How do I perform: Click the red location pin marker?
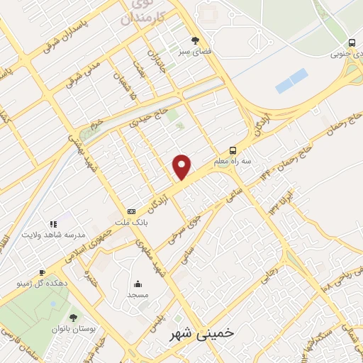pos(183,166)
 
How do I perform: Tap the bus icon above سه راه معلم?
pos(234,150)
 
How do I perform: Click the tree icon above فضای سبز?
pos(196,40)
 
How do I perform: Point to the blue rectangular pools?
pos(291,81)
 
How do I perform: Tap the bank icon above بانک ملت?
pos(131,211)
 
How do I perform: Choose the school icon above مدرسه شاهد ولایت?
pos(52,224)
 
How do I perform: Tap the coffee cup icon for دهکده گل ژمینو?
pos(42,272)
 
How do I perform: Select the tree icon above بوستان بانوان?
pos(73,318)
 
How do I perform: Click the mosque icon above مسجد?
pos(138,283)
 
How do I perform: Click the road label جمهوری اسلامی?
pos(89,245)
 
